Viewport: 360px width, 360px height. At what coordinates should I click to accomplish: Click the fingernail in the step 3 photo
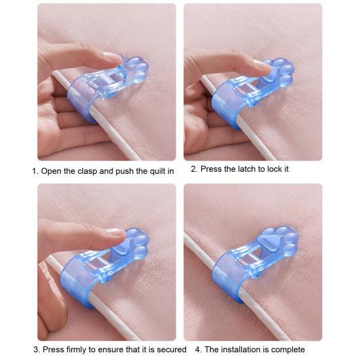pyautogui.click(x=116, y=231)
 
